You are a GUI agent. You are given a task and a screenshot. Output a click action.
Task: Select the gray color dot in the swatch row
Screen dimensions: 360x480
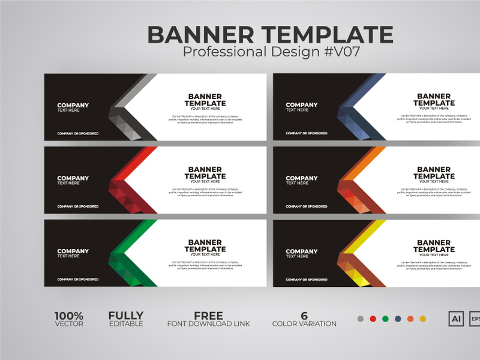pyautogui.click(x=360, y=319)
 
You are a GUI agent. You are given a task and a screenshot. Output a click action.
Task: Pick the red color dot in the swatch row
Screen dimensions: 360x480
pyautogui.click(x=373, y=319)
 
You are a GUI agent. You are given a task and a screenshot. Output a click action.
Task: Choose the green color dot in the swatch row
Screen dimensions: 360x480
pyautogui.click(x=385, y=319)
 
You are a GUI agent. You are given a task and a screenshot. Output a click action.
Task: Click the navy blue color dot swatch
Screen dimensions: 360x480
pyautogui.click(x=398, y=319)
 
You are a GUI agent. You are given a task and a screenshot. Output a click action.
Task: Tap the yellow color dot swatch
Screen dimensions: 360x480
pyautogui.click(x=423, y=319)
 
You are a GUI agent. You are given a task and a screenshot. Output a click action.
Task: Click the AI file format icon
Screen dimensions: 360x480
pyautogui.click(x=456, y=319)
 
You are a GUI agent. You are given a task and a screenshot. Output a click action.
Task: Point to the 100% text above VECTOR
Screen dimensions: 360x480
pyautogui.click(x=69, y=316)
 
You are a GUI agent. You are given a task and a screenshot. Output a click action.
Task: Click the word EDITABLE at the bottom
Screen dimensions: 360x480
pyautogui.click(x=126, y=324)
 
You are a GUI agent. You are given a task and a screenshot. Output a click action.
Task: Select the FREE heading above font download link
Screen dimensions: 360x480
pyautogui.click(x=208, y=316)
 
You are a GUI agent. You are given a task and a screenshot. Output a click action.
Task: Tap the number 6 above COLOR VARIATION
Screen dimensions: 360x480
pyautogui.click(x=304, y=316)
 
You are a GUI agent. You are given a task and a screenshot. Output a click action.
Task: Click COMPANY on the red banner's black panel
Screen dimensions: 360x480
pyautogui.click(x=73, y=178)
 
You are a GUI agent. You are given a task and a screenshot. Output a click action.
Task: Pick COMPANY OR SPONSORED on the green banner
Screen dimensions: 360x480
pyautogui.click(x=78, y=280)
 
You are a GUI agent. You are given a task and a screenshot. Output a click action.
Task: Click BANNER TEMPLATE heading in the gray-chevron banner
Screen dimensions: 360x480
pyautogui.click(x=205, y=100)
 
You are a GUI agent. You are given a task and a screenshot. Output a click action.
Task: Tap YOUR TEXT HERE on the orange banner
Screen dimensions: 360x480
pyautogui.click(x=434, y=182)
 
